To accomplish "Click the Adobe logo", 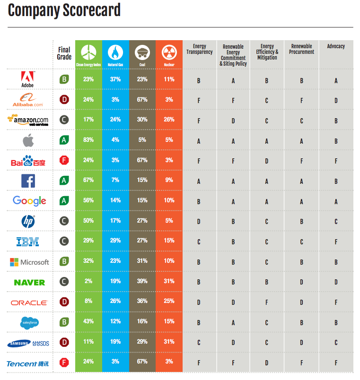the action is tap(27, 79).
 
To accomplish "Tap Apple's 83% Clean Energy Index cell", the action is tap(88, 140).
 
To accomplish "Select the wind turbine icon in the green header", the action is tap(88, 52).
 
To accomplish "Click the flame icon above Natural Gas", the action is tap(115, 52).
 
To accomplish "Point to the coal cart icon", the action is tap(142, 52).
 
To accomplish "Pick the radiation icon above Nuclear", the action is tap(169, 52).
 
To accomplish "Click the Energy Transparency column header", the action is tap(200, 49).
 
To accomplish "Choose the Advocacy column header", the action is tap(336, 46).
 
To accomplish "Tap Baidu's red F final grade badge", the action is tap(64, 160).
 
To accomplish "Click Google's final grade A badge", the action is tap(64, 201).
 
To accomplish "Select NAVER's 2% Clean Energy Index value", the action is tap(88, 281).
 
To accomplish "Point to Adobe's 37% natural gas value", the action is tap(115, 79).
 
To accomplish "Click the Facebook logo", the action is tap(28, 181).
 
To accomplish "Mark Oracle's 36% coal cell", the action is tap(142, 301).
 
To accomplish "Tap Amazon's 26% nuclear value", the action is tap(169, 120).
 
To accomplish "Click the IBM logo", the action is tap(27, 242).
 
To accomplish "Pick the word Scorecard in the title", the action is tap(92, 10).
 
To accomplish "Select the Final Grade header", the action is tap(64, 53).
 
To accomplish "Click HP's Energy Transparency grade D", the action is tap(199, 222).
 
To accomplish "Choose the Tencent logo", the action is tap(27, 364).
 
